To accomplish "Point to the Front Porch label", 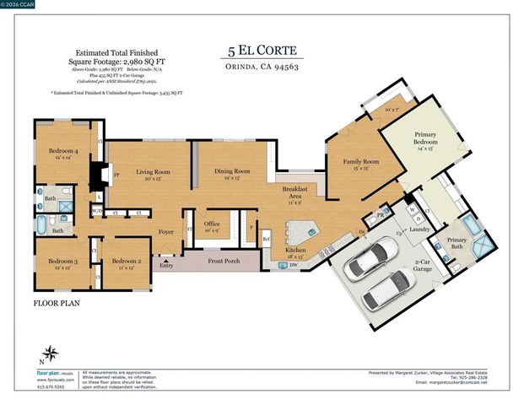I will point(224,262).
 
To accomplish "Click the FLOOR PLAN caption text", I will point(57,301).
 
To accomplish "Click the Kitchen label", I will point(295,251).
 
